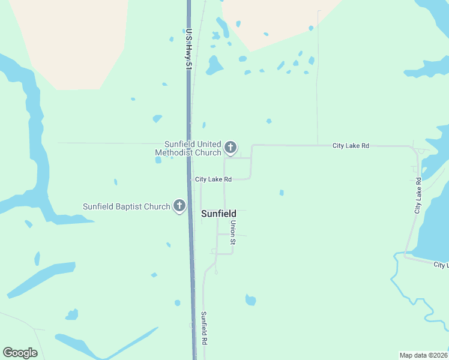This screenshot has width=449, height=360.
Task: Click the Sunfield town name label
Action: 218,214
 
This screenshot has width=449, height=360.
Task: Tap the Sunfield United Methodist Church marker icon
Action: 230,147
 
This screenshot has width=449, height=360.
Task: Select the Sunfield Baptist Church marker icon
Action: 179,206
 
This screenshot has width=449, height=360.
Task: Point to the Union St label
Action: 234,232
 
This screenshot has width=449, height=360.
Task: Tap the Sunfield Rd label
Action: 204,328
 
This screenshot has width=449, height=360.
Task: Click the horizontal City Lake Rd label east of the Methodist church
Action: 351,146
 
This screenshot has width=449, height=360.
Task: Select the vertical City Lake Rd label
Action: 418,196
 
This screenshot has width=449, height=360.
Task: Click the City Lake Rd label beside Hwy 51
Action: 213,179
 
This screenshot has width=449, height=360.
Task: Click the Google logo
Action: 20,353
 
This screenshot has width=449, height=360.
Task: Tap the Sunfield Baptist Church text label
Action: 127,207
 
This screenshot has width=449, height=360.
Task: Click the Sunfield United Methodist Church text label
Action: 189,148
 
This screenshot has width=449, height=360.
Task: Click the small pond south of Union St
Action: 250,300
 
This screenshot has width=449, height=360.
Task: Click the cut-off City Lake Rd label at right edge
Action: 441,265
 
